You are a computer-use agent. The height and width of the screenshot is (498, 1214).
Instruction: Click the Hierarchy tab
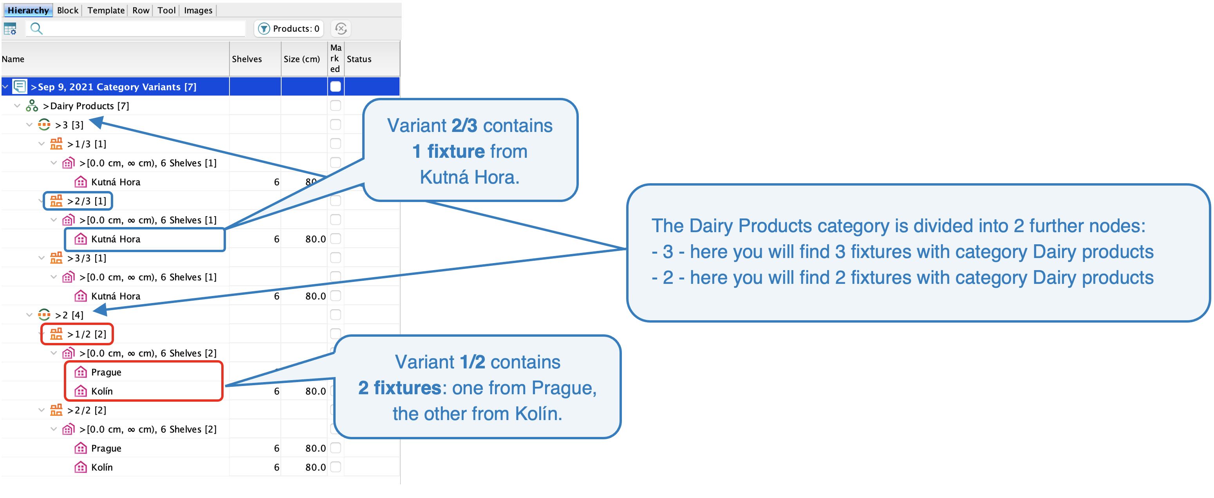coord(28,10)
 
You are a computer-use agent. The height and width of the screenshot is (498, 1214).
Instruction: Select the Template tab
coord(106,10)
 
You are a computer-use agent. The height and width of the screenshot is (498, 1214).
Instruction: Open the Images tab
coord(198,10)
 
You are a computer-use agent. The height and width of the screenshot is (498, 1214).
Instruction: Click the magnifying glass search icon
coord(36,29)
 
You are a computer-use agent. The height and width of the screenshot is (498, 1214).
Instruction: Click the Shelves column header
coord(246,59)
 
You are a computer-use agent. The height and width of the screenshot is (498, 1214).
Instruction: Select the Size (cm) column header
coord(301,59)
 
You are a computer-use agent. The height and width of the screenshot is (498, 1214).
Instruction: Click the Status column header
coord(359,59)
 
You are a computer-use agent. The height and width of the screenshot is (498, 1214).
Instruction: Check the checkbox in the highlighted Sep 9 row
coord(335,87)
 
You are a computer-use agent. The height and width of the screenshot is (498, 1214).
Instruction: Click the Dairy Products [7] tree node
coord(85,106)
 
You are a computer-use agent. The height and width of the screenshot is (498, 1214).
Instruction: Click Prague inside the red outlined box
coord(106,372)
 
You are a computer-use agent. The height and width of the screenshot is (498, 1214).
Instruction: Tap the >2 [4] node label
coord(69,315)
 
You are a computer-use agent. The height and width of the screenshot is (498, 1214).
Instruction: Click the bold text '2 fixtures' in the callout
coord(399,388)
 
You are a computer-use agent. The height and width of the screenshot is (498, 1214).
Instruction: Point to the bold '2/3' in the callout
coord(464,126)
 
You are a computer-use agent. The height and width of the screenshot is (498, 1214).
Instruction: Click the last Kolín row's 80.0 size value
coord(315,467)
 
